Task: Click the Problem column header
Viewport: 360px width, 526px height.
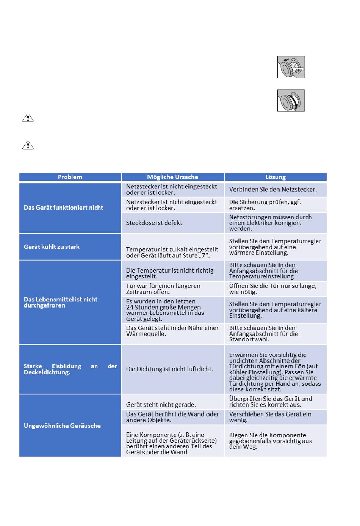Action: click(x=70, y=177)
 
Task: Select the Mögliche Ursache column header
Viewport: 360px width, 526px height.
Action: click(x=172, y=177)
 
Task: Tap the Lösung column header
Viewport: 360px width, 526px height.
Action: click(x=275, y=177)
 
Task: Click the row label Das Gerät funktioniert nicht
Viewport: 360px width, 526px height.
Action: click(x=63, y=208)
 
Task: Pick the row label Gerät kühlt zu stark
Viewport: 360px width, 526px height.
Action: click(x=52, y=247)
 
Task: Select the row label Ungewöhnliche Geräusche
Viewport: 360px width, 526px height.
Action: click(x=62, y=426)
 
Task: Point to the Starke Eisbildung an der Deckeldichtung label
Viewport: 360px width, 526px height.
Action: click(x=70, y=369)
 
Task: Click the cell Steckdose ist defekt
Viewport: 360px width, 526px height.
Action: click(x=154, y=223)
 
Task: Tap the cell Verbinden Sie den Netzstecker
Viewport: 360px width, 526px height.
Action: click(x=273, y=189)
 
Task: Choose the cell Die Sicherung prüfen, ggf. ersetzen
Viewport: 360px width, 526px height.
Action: click(x=265, y=205)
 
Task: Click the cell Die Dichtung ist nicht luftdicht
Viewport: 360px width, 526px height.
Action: click(x=169, y=369)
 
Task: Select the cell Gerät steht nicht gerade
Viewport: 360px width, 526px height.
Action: click(x=161, y=405)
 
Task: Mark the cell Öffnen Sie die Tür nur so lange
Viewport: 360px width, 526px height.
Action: click(x=272, y=289)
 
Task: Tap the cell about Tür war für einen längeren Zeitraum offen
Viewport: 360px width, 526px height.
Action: click(x=163, y=289)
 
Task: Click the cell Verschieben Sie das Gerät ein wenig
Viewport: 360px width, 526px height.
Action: click(x=270, y=417)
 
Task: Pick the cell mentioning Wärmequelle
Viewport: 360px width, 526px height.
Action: click(x=172, y=331)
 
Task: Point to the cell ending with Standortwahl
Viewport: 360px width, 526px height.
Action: click(x=263, y=334)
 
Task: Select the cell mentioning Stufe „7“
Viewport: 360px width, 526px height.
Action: click(x=172, y=252)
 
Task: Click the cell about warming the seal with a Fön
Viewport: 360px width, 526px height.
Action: click(x=275, y=372)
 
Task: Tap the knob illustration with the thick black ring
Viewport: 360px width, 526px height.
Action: click(x=291, y=100)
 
